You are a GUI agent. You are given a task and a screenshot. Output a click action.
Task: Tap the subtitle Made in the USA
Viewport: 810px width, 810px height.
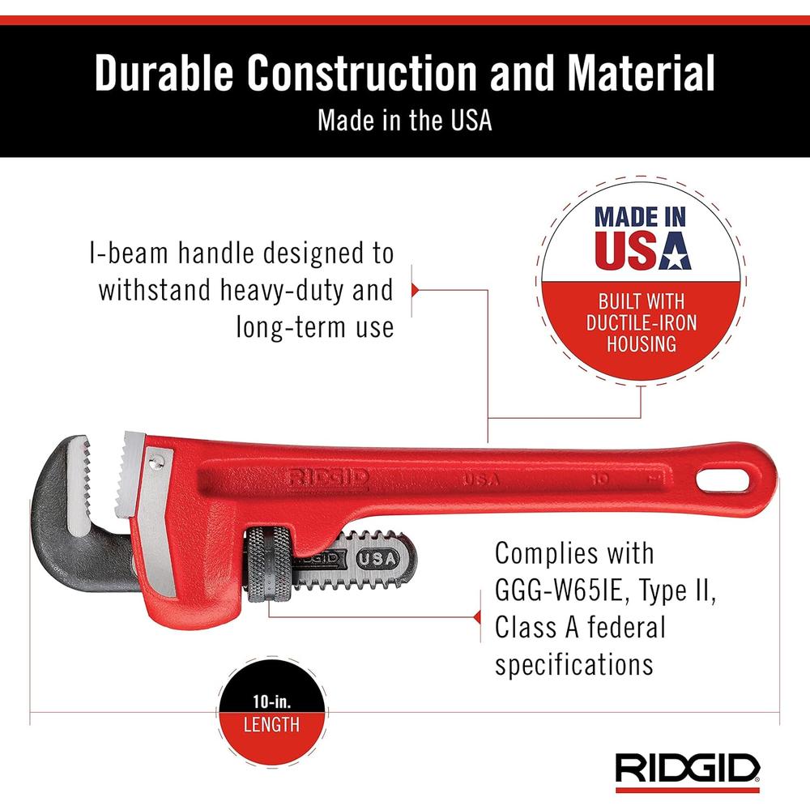coord(404,121)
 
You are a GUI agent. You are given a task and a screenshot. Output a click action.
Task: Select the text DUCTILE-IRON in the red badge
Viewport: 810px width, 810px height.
coord(642,323)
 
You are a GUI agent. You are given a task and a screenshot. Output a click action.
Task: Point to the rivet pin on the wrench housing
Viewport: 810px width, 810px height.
coord(156,461)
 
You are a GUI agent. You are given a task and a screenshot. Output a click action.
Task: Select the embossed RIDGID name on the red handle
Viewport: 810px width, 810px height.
coord(327,476)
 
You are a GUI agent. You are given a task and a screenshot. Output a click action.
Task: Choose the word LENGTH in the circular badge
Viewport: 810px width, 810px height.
coord(271,724)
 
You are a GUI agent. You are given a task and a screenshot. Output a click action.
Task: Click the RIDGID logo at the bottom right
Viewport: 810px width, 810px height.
coord(687,766)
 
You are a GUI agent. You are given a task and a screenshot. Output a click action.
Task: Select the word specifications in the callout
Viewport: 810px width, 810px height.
coord(574,664)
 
